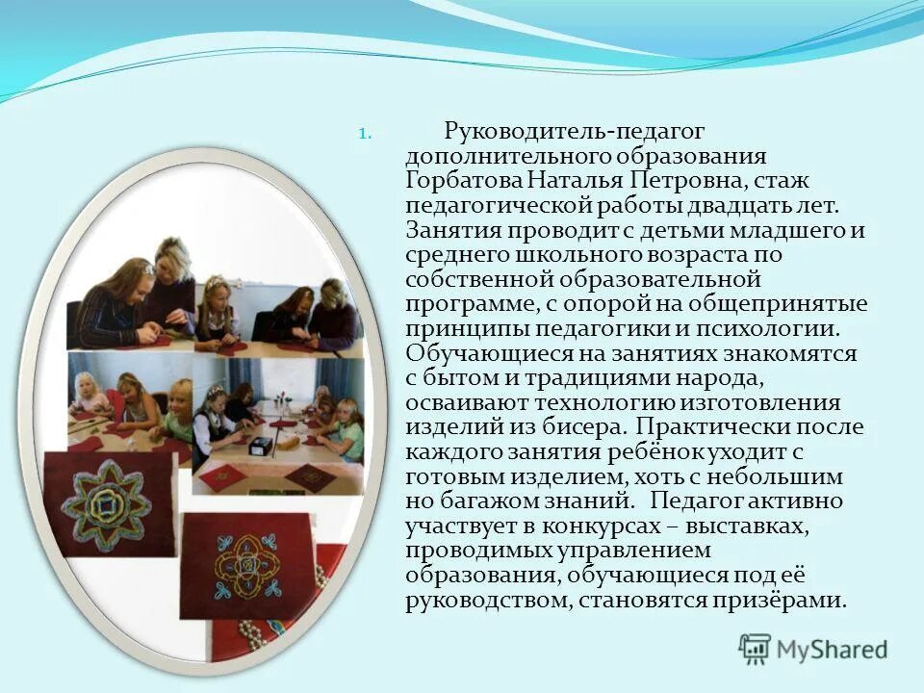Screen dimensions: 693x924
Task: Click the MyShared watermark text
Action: click(x=832, y=649)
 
